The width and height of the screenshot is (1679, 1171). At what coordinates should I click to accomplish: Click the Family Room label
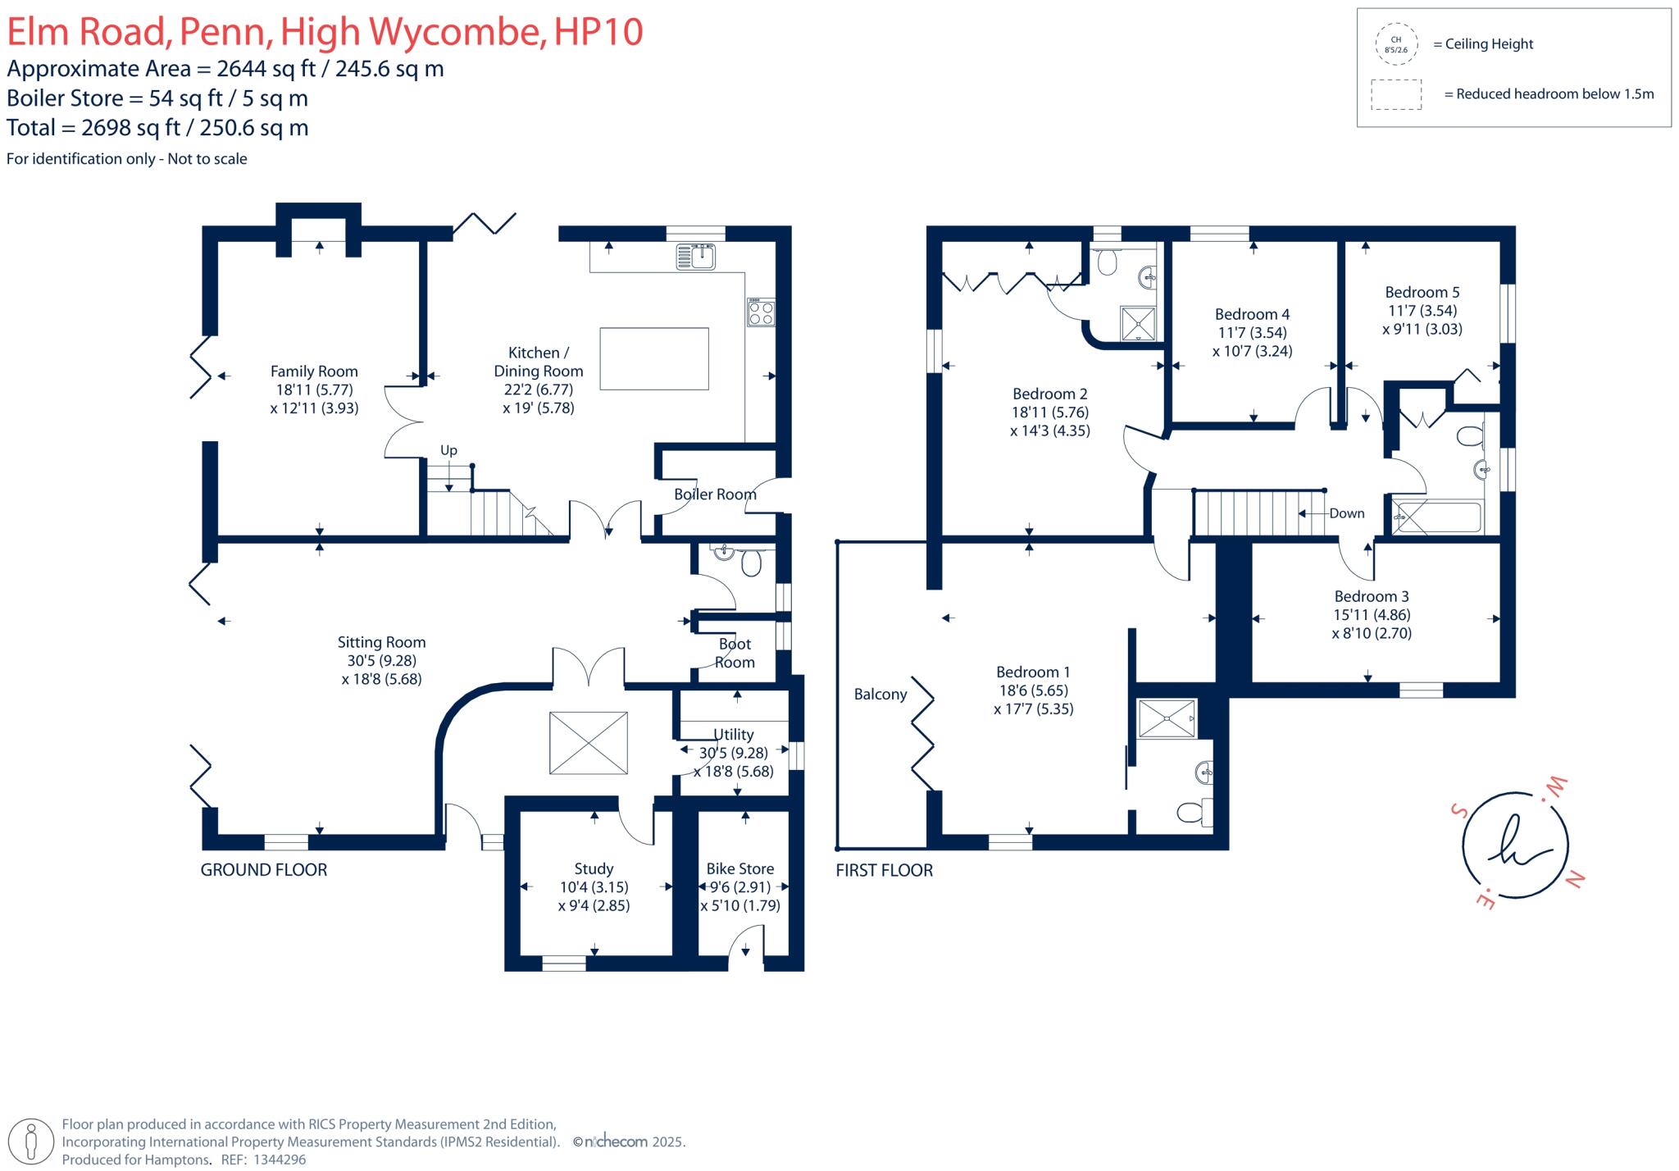[x=314, y=371]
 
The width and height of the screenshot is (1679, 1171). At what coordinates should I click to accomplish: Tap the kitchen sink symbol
[x=695, y=257]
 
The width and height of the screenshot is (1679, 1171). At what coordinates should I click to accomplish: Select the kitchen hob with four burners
[x=761, y=313]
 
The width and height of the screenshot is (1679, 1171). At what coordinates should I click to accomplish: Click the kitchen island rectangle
[x=654, y=358]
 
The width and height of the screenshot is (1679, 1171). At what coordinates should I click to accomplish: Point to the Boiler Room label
[x=715, y=494]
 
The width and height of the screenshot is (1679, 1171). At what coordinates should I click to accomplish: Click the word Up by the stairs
[x=448, y=450]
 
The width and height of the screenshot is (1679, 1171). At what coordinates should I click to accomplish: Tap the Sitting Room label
[x=381, y=642]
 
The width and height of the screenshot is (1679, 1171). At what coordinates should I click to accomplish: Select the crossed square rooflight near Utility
[x=589, y=743]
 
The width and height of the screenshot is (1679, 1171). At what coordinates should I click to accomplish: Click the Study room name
[x=594, y=868]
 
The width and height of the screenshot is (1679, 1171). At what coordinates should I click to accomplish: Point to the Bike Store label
[x=739, y=868]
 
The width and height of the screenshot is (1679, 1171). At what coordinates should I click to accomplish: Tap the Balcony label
[x=880, y=695]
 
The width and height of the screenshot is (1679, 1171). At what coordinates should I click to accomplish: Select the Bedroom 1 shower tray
[x=1167, y=718]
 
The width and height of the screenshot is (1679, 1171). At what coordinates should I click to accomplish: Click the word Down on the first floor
[x=1347, y=513]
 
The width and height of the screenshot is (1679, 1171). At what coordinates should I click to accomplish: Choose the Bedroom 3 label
[x=1372, y=596]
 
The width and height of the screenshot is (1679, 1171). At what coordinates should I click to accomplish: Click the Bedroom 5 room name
[x=1422, y=292]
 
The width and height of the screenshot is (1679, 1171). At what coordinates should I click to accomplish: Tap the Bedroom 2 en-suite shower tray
[x=1138, y=324]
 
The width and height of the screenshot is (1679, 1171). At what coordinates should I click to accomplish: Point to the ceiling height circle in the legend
[x=1395, y=44]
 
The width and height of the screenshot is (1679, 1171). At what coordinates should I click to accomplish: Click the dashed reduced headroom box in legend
[x=1396, y=94]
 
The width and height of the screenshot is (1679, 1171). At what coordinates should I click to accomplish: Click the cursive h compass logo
[x=1516, y=845]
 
